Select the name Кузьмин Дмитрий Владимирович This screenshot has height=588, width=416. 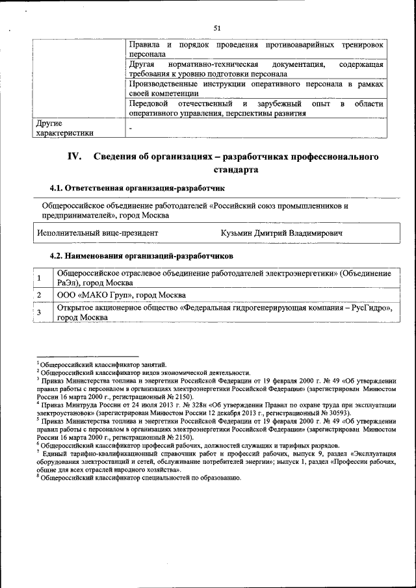[x=281, y=232]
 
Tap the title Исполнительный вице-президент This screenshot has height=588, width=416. [x=97, y=232]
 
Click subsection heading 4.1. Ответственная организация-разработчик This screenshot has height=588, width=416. [x=137, y=188]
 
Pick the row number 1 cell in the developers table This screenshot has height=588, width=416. [x=40, y=279]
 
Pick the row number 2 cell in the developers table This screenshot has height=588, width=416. [x=40, y=295]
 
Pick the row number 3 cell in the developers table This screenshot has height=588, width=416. [x=40, y=313]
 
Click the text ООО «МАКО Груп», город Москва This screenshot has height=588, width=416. [x=122, y=295]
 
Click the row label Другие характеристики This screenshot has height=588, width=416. [x=65, y=127]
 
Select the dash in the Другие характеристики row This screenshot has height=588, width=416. [x=131, y=129]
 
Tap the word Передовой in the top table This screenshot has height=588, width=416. [x=149, y=104]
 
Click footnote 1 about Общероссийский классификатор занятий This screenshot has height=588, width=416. [x=105, y=364]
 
